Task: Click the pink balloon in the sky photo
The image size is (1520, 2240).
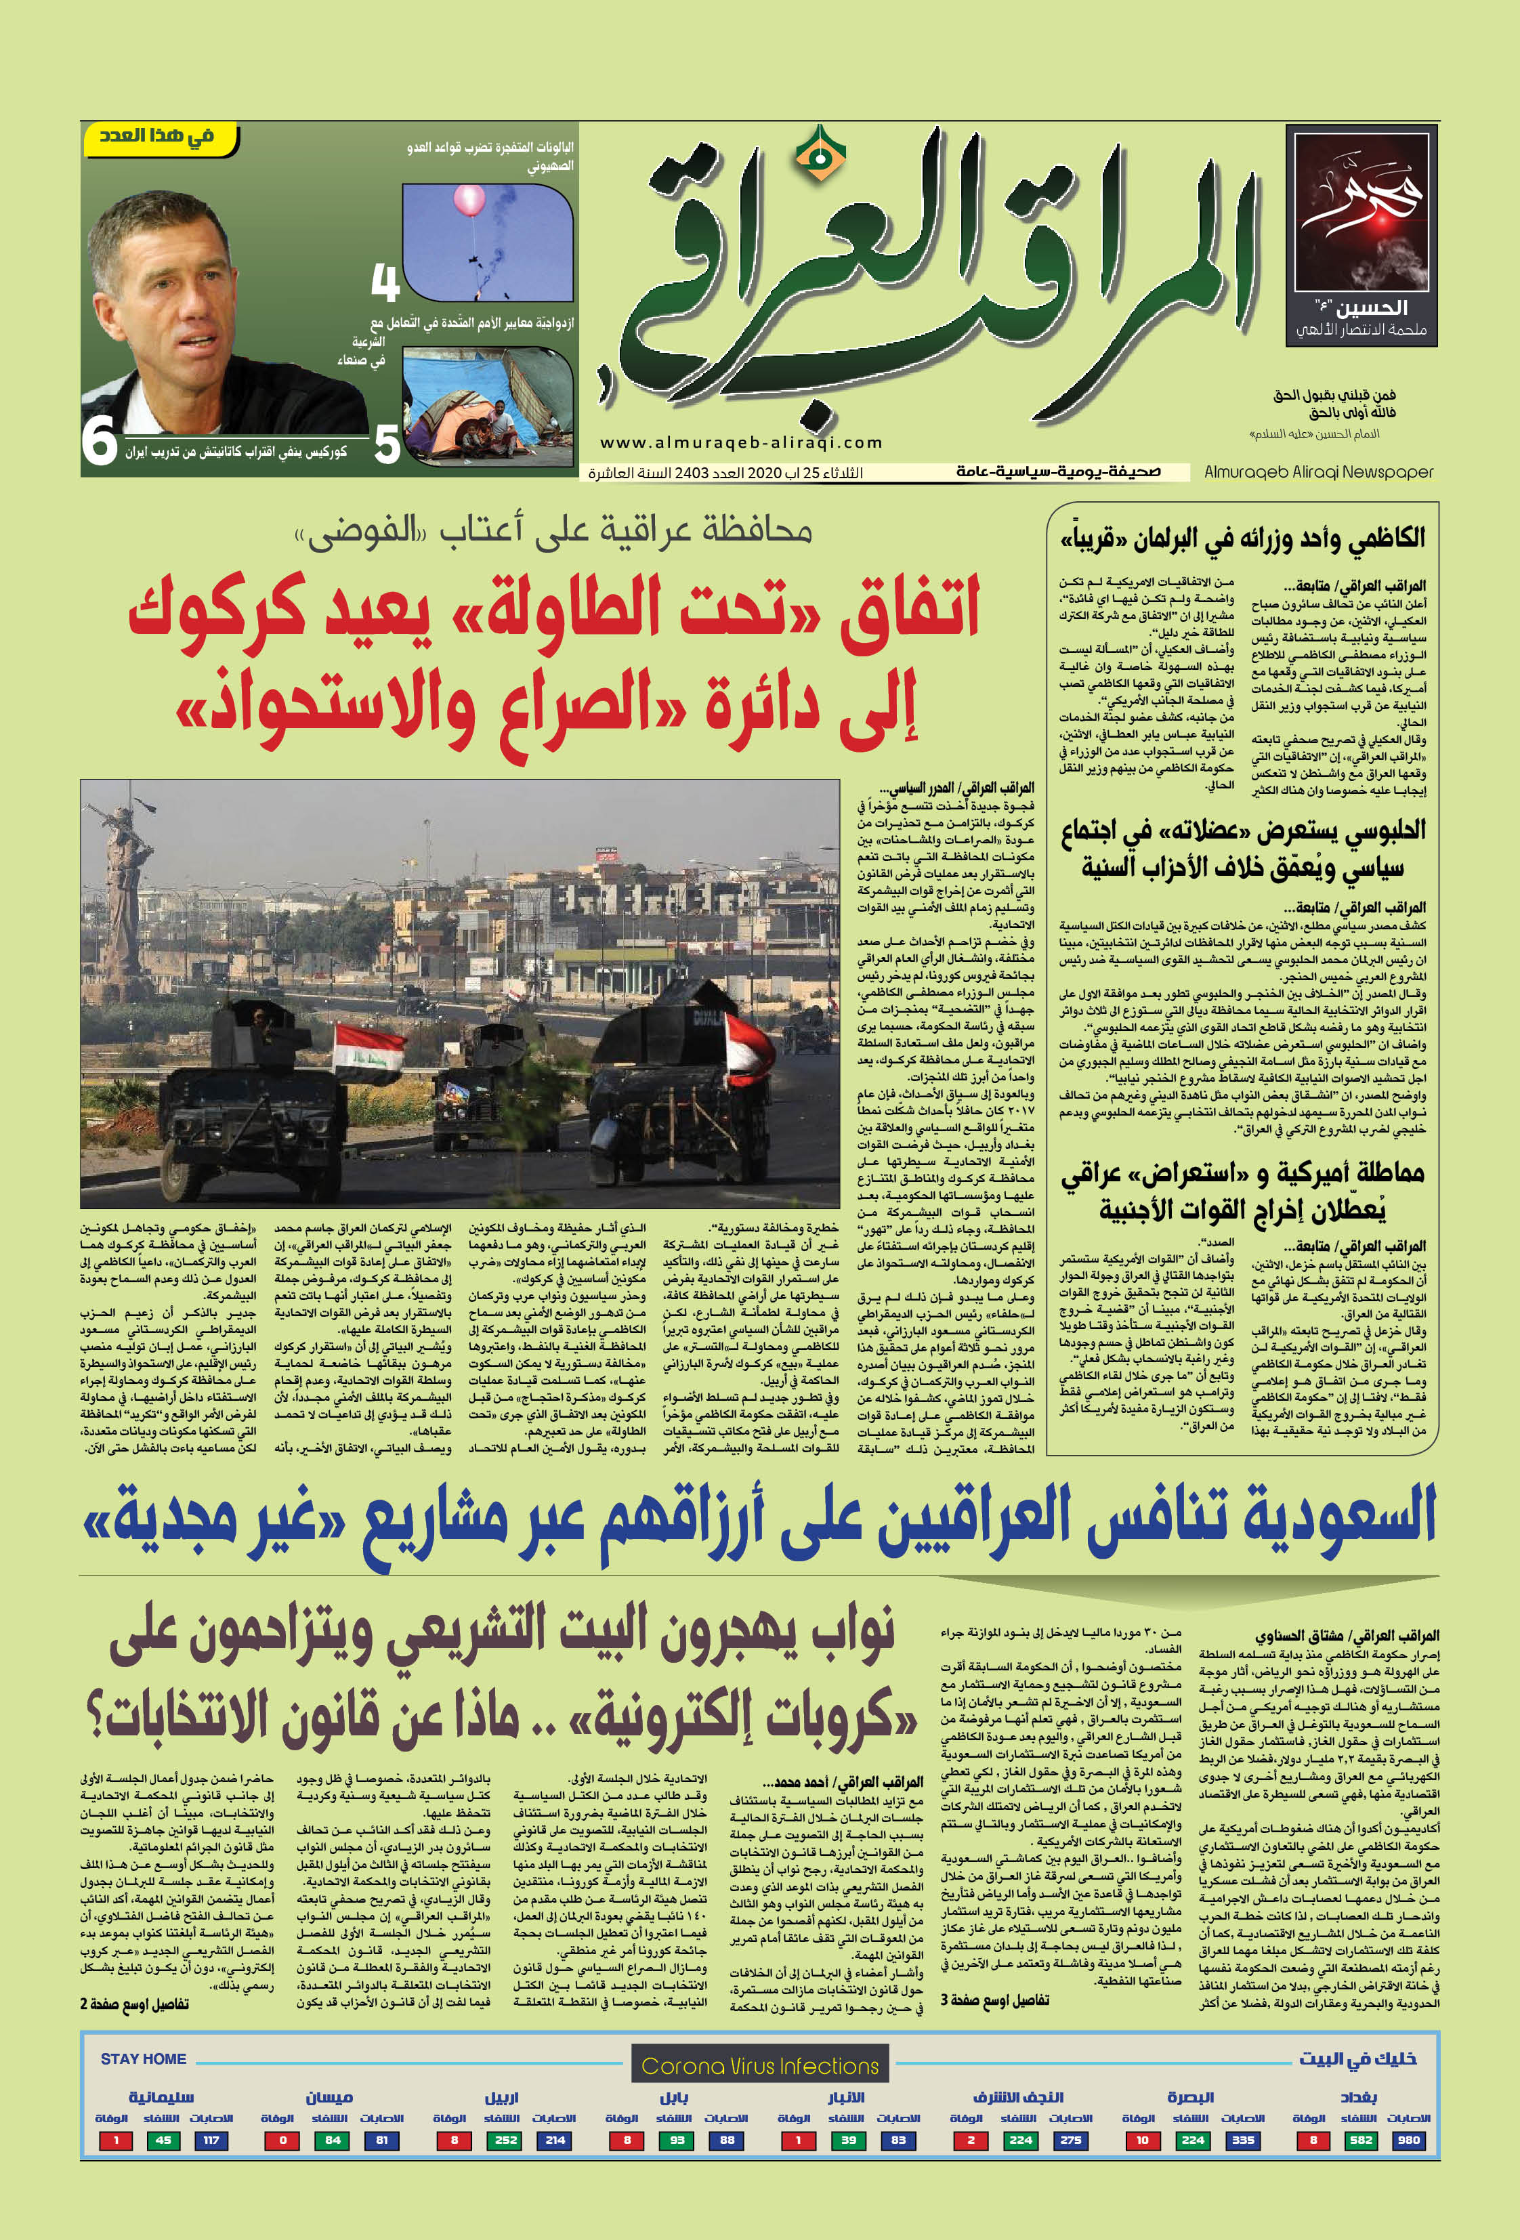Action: (x=469, y=200)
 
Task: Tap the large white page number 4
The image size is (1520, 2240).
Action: (x=385, y=282)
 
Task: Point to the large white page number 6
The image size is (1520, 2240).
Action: (x=100, y=442)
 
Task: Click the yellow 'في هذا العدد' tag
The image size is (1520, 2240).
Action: (x=159, y=138)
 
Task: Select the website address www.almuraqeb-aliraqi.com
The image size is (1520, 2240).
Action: (x=740, y=442)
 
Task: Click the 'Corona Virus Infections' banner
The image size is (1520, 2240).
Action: (x=759, y=2065)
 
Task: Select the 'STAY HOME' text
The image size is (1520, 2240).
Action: (x=144, y=2058)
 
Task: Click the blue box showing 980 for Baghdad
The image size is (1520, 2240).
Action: (x=1408, y=2140)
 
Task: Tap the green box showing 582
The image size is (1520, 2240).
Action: (x=1361, y=2140)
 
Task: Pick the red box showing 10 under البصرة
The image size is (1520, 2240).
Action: (x=1142, y=2140)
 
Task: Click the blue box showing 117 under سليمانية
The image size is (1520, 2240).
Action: (x=211, y=2140)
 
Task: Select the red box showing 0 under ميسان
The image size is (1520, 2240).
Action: (x=282, y=2140)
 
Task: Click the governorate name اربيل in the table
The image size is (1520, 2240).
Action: (x=502, y=2097)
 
